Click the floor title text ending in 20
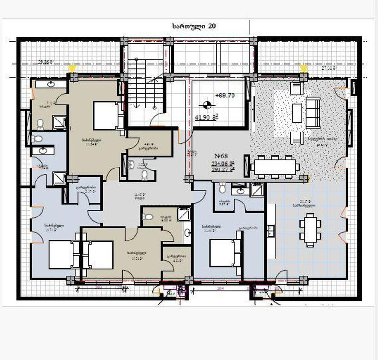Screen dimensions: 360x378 tap(194, 27)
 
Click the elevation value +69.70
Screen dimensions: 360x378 tap(224, 96)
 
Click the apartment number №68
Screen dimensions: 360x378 tap(221, 156)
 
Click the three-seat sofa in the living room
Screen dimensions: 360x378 tap(313, 111)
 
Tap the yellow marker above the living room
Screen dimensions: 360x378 tap(303, 68)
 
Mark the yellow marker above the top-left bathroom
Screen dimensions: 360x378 tap(72, 68)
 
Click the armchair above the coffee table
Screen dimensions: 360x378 tap(296, 88)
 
